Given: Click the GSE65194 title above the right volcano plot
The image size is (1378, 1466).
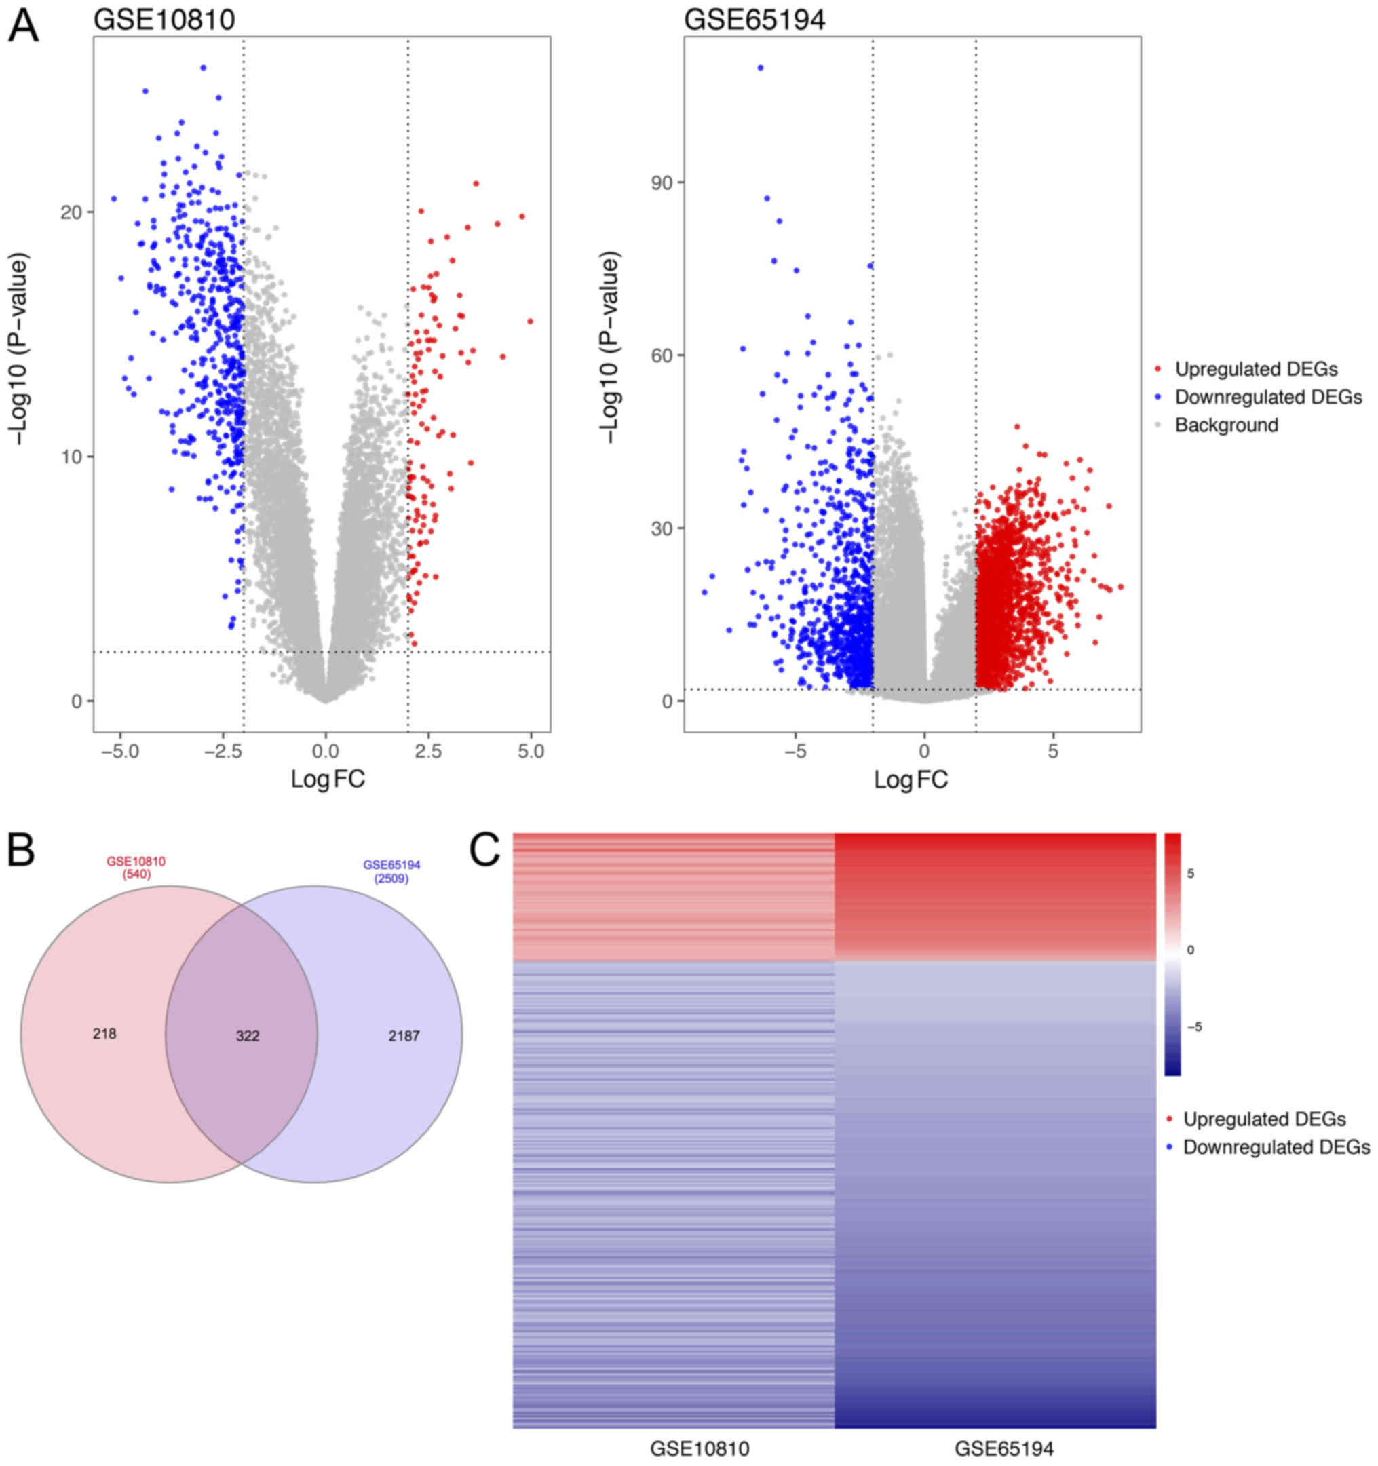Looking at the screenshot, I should pos(754,20).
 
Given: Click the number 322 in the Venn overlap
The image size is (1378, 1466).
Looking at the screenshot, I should pos(248,1036).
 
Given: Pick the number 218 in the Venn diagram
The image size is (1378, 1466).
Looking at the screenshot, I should pos(104,1034).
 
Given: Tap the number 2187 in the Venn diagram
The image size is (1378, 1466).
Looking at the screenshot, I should pos(404,1036).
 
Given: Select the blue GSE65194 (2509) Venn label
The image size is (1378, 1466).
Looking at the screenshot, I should pos(391,872).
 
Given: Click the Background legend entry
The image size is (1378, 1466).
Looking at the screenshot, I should pos(1226,425).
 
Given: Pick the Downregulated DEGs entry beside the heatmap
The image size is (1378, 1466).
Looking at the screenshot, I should pos(1276,1147).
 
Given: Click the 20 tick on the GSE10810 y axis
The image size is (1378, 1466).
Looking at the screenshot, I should pos(71,212).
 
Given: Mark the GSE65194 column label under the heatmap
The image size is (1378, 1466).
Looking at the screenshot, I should pos(1004,1449).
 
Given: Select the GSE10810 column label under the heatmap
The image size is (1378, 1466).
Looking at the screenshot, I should pos(700,1449).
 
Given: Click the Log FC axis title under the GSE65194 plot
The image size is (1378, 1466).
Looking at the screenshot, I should pos(911,779).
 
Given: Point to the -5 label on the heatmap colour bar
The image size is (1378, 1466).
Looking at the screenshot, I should pos(1193,1026).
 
